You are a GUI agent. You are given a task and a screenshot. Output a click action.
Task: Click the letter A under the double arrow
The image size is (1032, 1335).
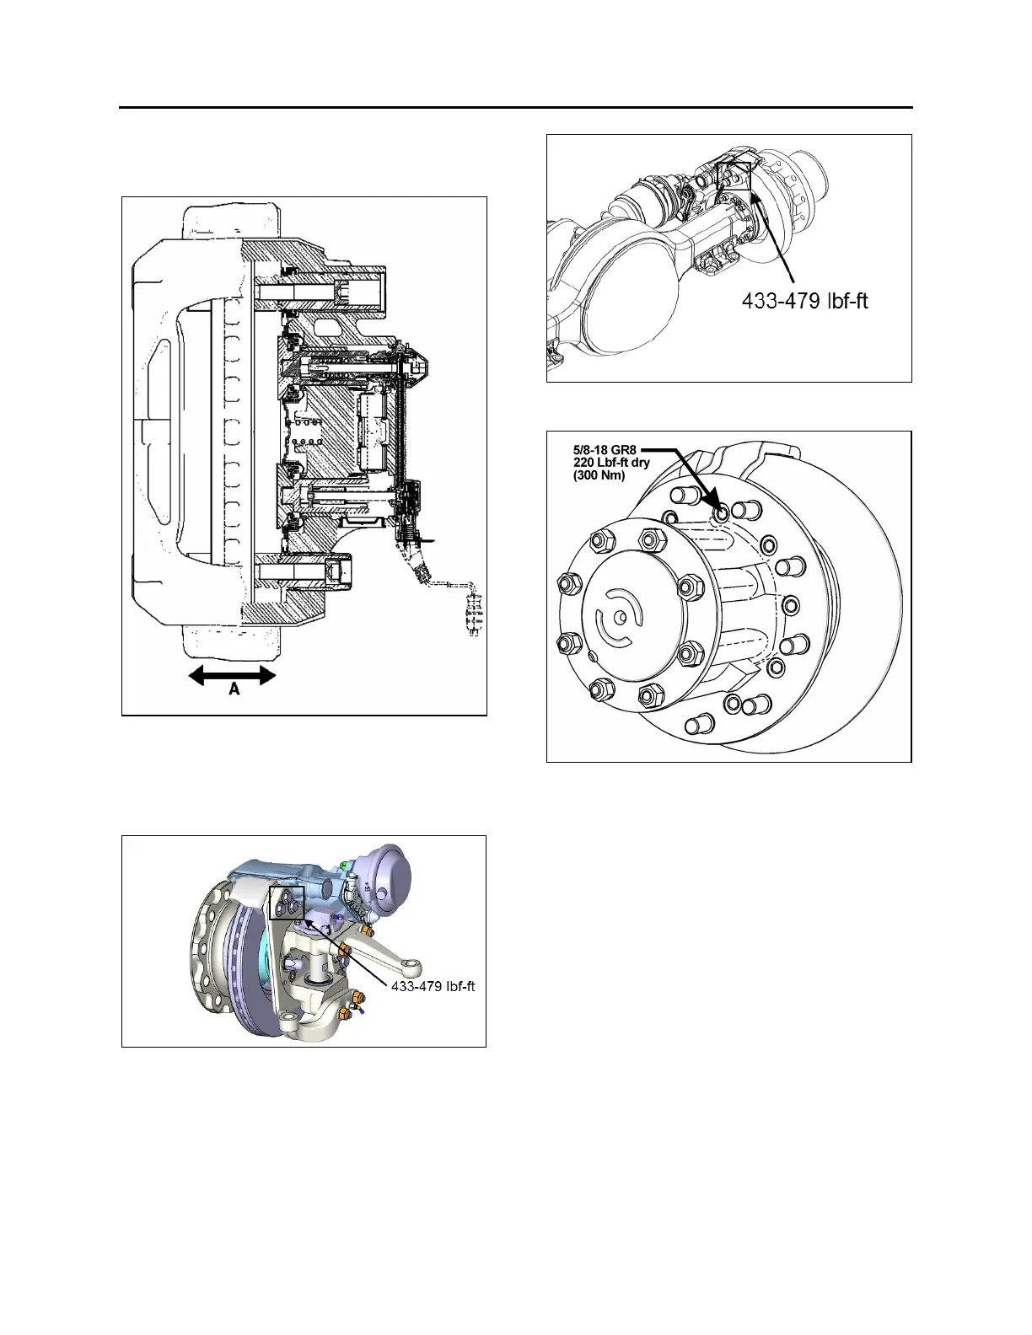click(x=234, y=689)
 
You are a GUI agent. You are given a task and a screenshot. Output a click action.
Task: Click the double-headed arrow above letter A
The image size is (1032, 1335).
click(x=232, y=675)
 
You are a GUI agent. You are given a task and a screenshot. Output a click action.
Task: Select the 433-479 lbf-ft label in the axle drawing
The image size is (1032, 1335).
click(x=804, y=299)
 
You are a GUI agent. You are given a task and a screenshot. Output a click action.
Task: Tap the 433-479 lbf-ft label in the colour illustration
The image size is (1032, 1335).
click(x=433, y=986)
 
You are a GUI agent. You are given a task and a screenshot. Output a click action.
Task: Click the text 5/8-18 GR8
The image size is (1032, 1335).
click(x=604, y=450)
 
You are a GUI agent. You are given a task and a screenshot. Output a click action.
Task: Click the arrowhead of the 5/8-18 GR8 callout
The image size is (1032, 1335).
click(x=718, y=508)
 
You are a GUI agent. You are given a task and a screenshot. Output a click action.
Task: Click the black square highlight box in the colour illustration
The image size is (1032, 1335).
click(x=286, y=902)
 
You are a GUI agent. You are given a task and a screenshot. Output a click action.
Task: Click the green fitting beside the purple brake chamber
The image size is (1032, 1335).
click(x=346, y=864)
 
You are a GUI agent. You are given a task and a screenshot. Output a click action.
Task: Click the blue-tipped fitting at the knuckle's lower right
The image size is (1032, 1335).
click(x=361, y=1012)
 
